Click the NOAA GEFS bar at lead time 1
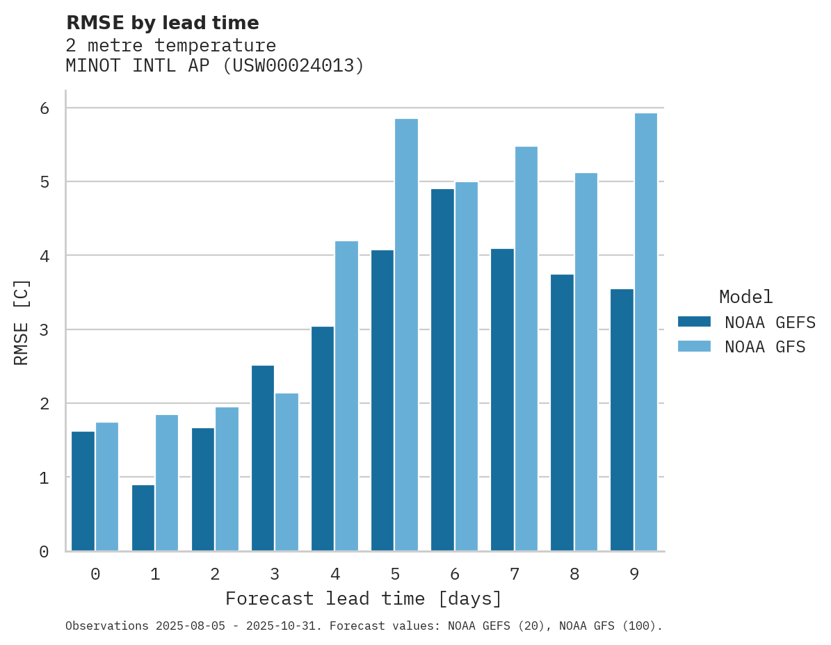[143, 518]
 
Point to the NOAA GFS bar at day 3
[287, 472]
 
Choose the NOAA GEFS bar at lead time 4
[323, 439]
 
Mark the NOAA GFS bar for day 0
[107, 487]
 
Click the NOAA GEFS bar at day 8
[562, 413]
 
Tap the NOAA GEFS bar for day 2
[203, 489]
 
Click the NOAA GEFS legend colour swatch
[694, 322]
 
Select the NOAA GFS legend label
[764, 347]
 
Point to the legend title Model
[745, 297]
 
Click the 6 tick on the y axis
[44, 108]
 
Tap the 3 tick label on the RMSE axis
[44, 330]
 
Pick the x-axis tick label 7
[515, 575]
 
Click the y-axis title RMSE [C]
[22, 322]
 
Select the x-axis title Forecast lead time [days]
[363, 598]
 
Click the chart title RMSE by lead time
[162, 23]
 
